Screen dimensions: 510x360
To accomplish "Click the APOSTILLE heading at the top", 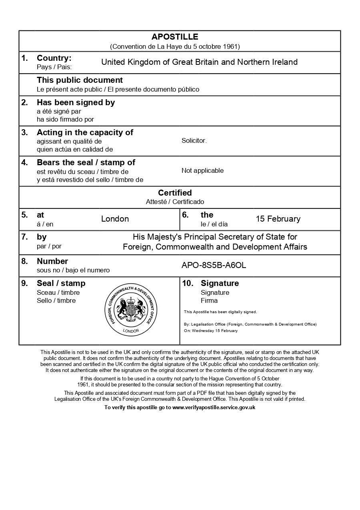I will click(x=175, y=37).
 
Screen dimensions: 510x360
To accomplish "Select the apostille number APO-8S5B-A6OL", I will click(x=214, y=265).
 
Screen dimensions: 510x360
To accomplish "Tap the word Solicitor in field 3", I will click(x=194, y=141).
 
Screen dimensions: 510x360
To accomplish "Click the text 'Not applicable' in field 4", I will click(x=202, y=171).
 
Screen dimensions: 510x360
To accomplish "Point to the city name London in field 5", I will click(x=115, y=219).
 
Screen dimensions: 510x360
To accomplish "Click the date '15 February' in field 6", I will click(x=278, y=219).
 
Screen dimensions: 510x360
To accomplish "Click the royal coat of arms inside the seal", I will click(x=131, y=309).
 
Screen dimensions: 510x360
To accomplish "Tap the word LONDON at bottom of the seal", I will click(x=131, y=331).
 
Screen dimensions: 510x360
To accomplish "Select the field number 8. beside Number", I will click(x=25, y=261).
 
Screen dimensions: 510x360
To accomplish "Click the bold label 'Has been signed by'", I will click(x=76, y=102).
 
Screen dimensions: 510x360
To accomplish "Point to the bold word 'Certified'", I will click(x=175, y=193).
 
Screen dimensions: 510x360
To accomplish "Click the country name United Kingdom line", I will click(x=199, y=62).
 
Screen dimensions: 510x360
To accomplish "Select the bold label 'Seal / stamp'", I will click(x=61, y=283).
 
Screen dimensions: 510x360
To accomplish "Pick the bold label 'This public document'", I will click(x=80, y=80).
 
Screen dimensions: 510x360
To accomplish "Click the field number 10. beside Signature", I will click(x=188, y=283).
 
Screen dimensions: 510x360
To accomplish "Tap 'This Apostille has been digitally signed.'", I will click(x=220, y=312).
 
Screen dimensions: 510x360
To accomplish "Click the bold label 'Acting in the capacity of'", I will click(x=85, y=132).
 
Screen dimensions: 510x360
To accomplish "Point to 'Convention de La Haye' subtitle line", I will click(x=175, y=46).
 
